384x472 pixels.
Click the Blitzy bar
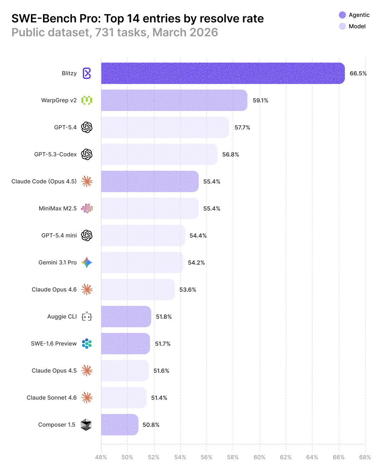pyautogui.click(x=223, y=73)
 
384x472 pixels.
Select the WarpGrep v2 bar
pyautogui.click(x=174, y=100)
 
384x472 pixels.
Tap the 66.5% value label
pyautogui.click(x=358, y=74)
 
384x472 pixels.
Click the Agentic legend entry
pyautogui.click(x=354, y=15)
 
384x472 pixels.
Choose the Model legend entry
pyautogui.click(x=352, y=26)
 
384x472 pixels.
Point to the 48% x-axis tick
pyautogui.click(x=101, y=457)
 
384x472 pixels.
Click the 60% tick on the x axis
pyautogui.click(x=259, y=457)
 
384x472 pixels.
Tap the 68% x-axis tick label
pyautogui.click(x=365, y=457)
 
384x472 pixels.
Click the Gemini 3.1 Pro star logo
pyautogui.click(x=87, y=262)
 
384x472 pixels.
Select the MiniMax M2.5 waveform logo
pyautogui.click(x=87, y=208)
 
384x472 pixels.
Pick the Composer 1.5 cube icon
pyautogui.click(x=86, y=425)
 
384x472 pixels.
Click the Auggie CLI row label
pyautogui.click(x=62, y=317)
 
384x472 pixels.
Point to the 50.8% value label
pyautogui.click(x=151, y=425)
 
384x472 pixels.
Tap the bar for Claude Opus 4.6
pyautogui.click(x=138, y=290)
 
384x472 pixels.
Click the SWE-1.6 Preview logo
pyautogui.click(x=87, y=344)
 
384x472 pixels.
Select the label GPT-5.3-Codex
pyautogui.click(x=55, y=154)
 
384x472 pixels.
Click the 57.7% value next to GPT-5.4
pyautogui.click(x=242, y=127)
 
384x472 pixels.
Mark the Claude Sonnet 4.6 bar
pyautogui.click(x=124, y=398)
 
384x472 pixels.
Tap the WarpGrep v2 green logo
pyautogui.click(x=87, y=100)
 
